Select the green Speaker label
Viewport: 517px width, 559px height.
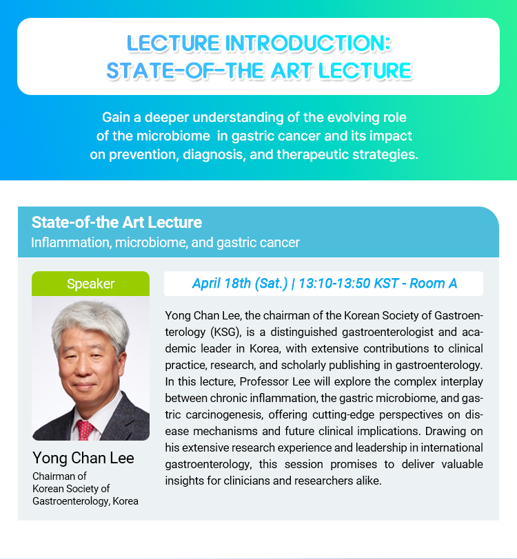click(91, 284)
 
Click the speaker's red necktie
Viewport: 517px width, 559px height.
click(85, 430)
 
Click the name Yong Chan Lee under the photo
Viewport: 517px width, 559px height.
click(83, 458)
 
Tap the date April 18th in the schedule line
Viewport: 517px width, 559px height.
click(221, 284)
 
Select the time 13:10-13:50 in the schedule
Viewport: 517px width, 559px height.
click(334, 284)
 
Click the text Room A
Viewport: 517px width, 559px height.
click(433, 284)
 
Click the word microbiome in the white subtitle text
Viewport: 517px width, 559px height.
click(173, 136)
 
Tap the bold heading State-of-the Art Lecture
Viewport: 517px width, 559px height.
click(116, 222)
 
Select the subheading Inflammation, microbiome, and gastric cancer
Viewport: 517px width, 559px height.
click(165, 242)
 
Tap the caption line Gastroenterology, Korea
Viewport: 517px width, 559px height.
click(85, 501)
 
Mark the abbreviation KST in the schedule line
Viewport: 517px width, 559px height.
click(386, 284)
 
